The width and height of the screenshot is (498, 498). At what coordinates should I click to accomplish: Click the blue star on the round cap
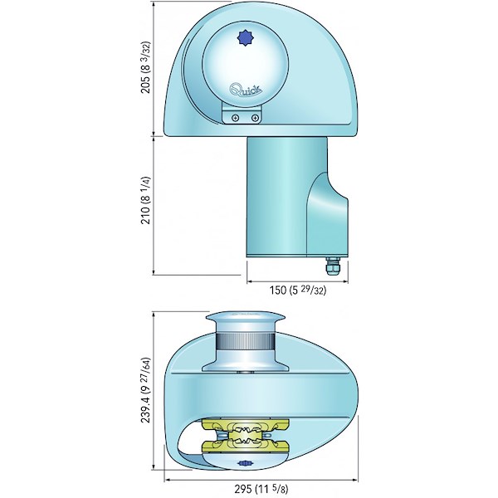[x=245, y=38]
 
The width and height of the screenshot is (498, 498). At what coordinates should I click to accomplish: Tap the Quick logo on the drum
[x=247, y=90]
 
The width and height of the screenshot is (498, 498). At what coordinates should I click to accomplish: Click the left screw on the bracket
[x=235, y=118]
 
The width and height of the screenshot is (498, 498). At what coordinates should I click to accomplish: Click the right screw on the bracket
[x=255, y=118]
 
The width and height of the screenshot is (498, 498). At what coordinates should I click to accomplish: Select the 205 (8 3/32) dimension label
[x=145, y=67]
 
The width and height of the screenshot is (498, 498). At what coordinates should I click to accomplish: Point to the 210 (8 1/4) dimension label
[x=145, y=200]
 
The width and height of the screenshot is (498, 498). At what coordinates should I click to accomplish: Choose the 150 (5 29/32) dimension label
[x=298, y=290]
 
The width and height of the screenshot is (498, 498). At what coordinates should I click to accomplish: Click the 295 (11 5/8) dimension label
[x=261, y=488]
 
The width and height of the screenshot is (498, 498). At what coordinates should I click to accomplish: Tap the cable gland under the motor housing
[x=332, y=266]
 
